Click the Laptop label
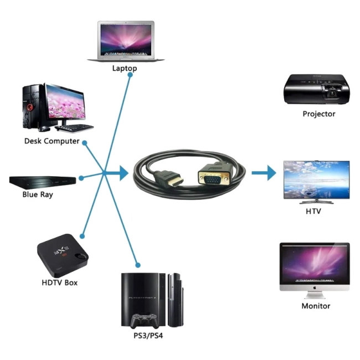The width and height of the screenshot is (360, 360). click(125, 68)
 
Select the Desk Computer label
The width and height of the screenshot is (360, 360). click(52, 141)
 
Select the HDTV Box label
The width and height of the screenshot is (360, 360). click(60, 282)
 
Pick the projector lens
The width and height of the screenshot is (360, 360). click(332, 92)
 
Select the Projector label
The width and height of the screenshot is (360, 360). click(319, 114)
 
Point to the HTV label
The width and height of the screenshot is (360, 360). click(313, 211)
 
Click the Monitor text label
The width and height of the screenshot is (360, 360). click(316, 306)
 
